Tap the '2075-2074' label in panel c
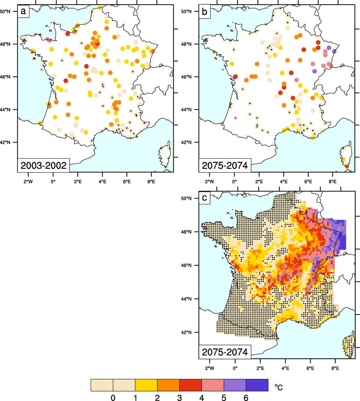click(x=225, y=352)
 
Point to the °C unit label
click(x=278, y=388)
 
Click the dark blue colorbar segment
click(x=257, y=385)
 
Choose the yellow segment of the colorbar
click(x=146, y=385)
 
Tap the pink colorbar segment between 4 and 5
click(x=212, y=385)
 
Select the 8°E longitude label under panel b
click(x=333, y=181)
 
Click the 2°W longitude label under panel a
click(x=28, y=181)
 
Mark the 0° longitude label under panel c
click(x=235, y=368)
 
